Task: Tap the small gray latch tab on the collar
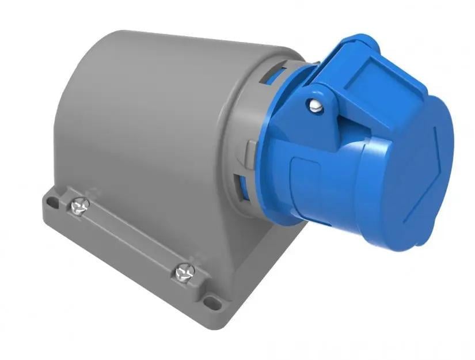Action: pyautogui.click(x=247, y=151)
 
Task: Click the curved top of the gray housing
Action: pyautogui.click(x=173, y=52)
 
